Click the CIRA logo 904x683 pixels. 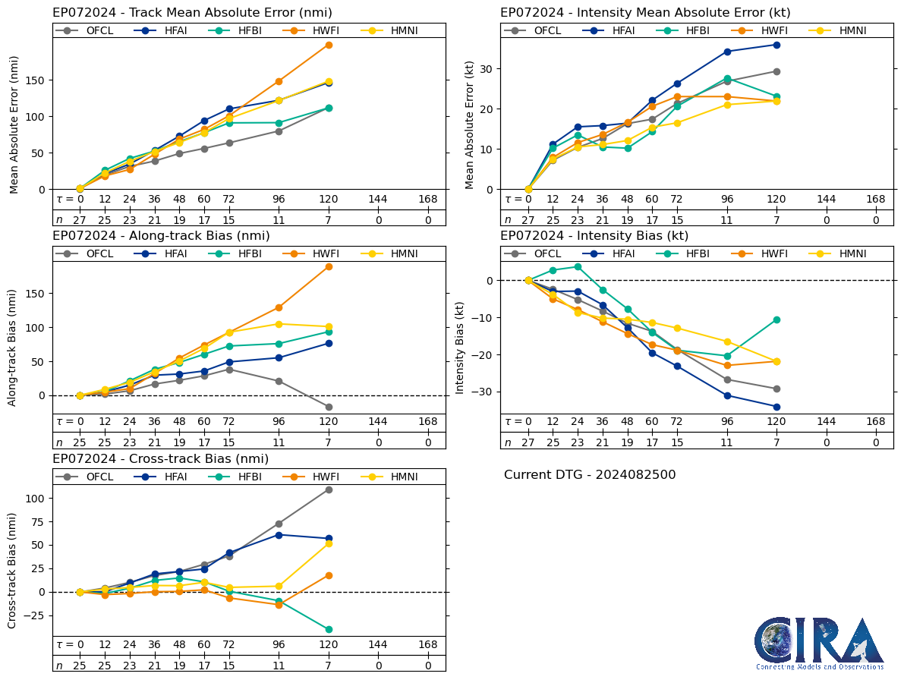[x=819, y=642]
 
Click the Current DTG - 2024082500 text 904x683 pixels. [x=590, y=475]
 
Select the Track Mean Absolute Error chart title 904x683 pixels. [x=192, y=13]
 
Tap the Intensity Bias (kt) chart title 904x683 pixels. [x=594, y=236]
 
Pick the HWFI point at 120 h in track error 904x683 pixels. [x=329, y=45]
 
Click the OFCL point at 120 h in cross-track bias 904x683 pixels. [x=329, y=489]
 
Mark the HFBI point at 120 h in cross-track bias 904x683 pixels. [x=329, y=629]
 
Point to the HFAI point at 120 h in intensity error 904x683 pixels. [x=776, y=45]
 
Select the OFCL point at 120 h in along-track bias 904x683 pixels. [x=329, y=407]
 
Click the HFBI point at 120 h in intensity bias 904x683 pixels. [x=776, y=319]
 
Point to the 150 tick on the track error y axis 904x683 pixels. [x=35, y=80]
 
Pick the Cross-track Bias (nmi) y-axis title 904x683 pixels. [x=13, y=570]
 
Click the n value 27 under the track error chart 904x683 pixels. [x=80, y=220]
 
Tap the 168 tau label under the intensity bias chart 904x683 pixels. [x=876, y=422]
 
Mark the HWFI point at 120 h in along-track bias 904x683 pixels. [x=329, y=266]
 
